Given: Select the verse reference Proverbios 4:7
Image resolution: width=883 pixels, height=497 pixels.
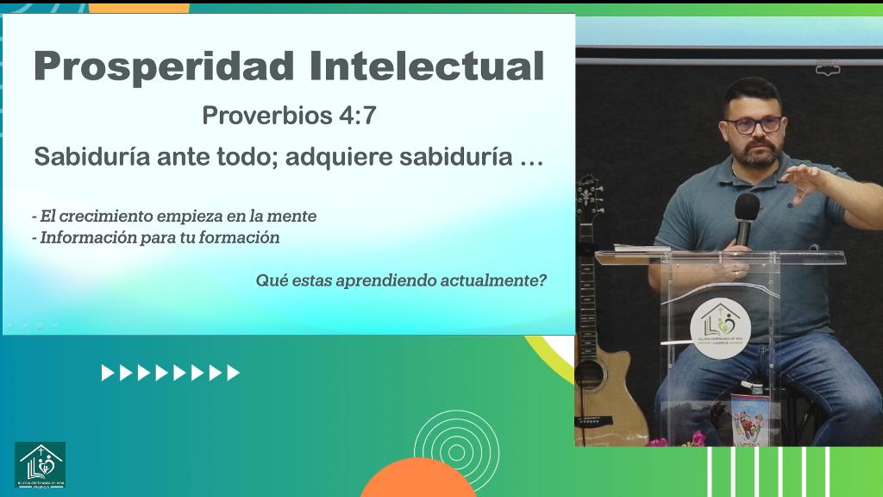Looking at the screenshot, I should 289,116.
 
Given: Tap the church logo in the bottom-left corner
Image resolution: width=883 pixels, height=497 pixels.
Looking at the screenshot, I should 40,464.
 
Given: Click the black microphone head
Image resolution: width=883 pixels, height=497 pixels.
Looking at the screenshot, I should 747,207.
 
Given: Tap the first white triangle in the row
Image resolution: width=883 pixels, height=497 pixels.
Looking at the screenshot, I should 107,373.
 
